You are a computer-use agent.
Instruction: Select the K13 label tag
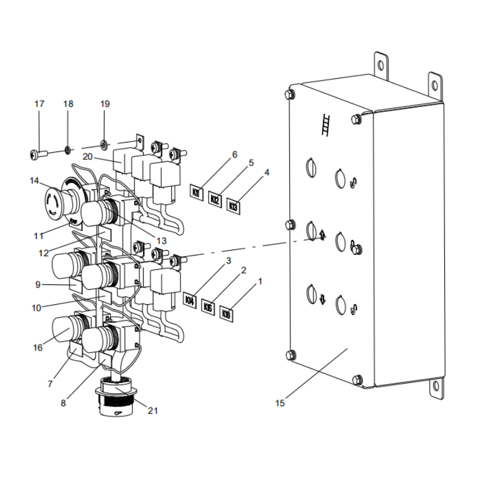tap(234, 206)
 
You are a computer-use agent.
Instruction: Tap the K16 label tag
tap(227, 313)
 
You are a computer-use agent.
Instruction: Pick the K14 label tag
tap(189, 299)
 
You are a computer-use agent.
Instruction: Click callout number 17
tap(40, 104)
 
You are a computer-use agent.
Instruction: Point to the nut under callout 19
tap(105, 144)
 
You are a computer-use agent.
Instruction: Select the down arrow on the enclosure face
tap(323, 299)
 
